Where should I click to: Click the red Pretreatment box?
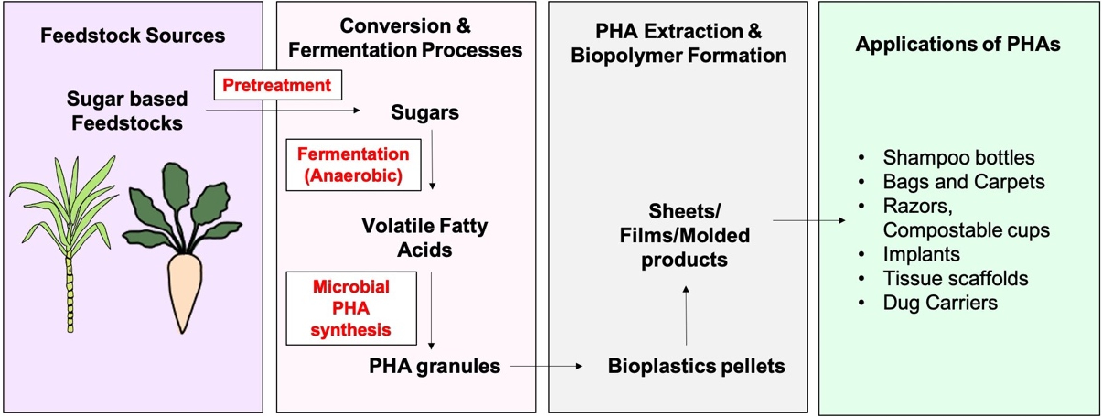(277, 85)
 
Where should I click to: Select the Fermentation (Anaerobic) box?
(353, 165)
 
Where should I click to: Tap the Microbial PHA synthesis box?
(351, 308)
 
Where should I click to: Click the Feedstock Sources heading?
(133, 36)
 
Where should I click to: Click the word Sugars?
(425, 112)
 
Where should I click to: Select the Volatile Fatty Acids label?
(425, 238)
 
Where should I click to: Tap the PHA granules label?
(434, 366)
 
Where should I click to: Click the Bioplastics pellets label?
(696, 366)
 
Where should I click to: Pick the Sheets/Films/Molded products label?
(684, 235)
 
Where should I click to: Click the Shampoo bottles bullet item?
(958, 158)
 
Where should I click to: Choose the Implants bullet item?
(921, 254)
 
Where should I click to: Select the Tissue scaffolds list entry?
(956, 278)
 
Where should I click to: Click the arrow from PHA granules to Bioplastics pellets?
(546, 366)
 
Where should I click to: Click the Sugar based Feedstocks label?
(127, 111)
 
